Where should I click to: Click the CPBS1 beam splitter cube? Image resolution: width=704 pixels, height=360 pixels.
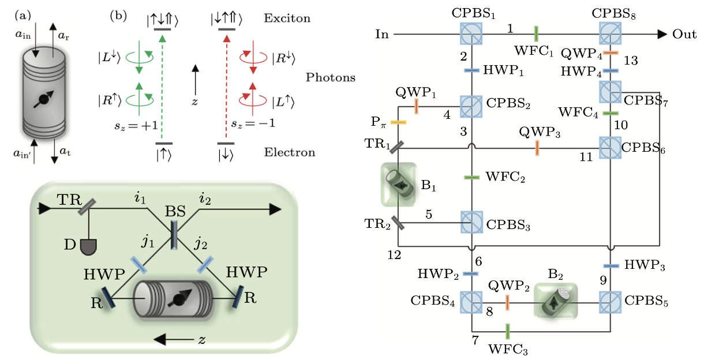pos(471,34)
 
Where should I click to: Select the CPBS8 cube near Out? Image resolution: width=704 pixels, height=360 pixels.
pos(611,34)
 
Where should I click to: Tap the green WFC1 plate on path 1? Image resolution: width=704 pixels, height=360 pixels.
pos(537,33)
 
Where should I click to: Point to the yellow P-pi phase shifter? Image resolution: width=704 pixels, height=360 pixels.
pos(399,122)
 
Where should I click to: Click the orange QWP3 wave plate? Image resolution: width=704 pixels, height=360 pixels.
pos(537,148)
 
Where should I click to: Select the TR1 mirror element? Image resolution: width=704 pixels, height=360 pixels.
pos(396,147)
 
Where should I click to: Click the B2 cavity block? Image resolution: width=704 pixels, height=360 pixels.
pos(555,301)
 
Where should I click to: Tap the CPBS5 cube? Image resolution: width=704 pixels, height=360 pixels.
pos(611,301)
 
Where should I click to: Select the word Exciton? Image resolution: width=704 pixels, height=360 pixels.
pos(287,18)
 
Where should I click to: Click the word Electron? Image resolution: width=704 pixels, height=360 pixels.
pos(289,153)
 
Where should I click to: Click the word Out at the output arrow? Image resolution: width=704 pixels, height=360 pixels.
pos(684,34)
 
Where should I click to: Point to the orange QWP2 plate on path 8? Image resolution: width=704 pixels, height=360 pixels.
pos(508,301)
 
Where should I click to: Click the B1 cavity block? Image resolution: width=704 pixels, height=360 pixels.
pos(398,184)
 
